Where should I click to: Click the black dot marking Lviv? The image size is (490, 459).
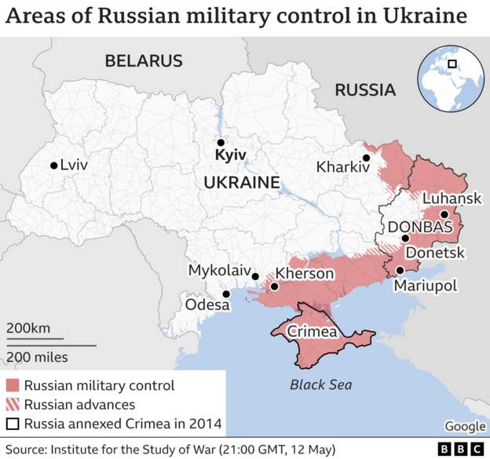53,166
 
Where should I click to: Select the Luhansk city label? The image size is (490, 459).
452,199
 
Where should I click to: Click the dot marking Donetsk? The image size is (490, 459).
405,239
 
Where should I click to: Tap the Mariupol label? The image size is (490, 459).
425,286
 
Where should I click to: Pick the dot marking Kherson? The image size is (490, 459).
275,287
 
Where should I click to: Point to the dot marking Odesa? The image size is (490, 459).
227,294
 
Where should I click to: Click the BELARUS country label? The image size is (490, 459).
144,60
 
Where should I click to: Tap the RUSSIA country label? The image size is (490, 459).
365,90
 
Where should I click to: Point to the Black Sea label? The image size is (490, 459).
321,384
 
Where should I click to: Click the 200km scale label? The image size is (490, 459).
29,329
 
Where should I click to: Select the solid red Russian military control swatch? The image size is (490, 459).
13,385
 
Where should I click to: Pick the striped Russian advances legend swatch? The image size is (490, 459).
13,405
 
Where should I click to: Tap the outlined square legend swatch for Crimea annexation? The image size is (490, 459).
13,424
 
